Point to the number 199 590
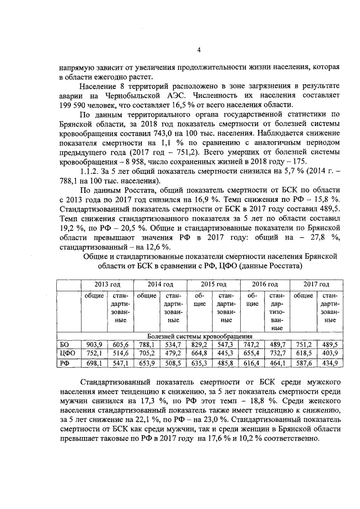(74, 105)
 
